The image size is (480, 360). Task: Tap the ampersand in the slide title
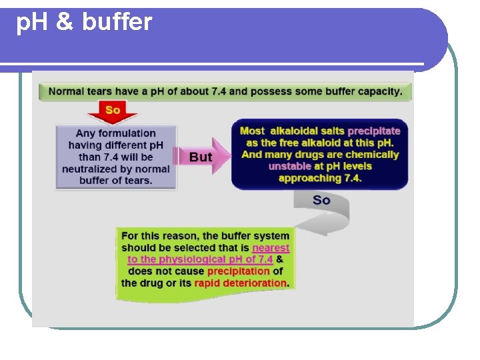tap(65, 23)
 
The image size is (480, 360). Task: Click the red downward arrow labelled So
tap(112, 113)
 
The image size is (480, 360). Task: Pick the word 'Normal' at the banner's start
tap(66, 91)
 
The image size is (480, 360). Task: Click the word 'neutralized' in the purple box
tap(89, 169)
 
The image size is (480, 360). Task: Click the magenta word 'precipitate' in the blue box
tap(373, 131)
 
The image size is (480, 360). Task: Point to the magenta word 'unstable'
tap(290, 166)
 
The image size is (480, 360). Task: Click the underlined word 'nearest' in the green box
tap(271, 247)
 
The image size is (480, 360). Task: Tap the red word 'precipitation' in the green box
tap(238, 271)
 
